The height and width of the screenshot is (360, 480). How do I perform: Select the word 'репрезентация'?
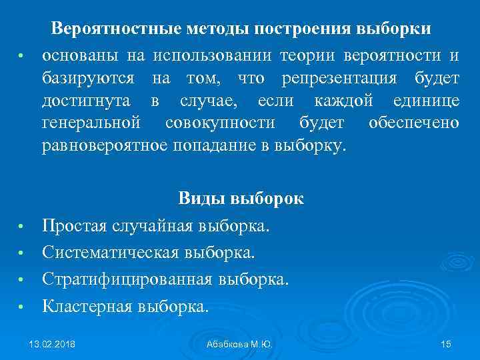339,79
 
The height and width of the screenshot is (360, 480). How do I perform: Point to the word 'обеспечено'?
413,123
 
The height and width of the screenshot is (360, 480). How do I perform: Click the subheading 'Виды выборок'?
241,199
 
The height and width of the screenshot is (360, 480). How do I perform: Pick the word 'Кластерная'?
87,306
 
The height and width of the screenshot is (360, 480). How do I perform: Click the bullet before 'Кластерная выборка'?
21,307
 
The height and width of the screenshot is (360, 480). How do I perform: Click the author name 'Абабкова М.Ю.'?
239,344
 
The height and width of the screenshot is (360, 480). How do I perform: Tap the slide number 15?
446,344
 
